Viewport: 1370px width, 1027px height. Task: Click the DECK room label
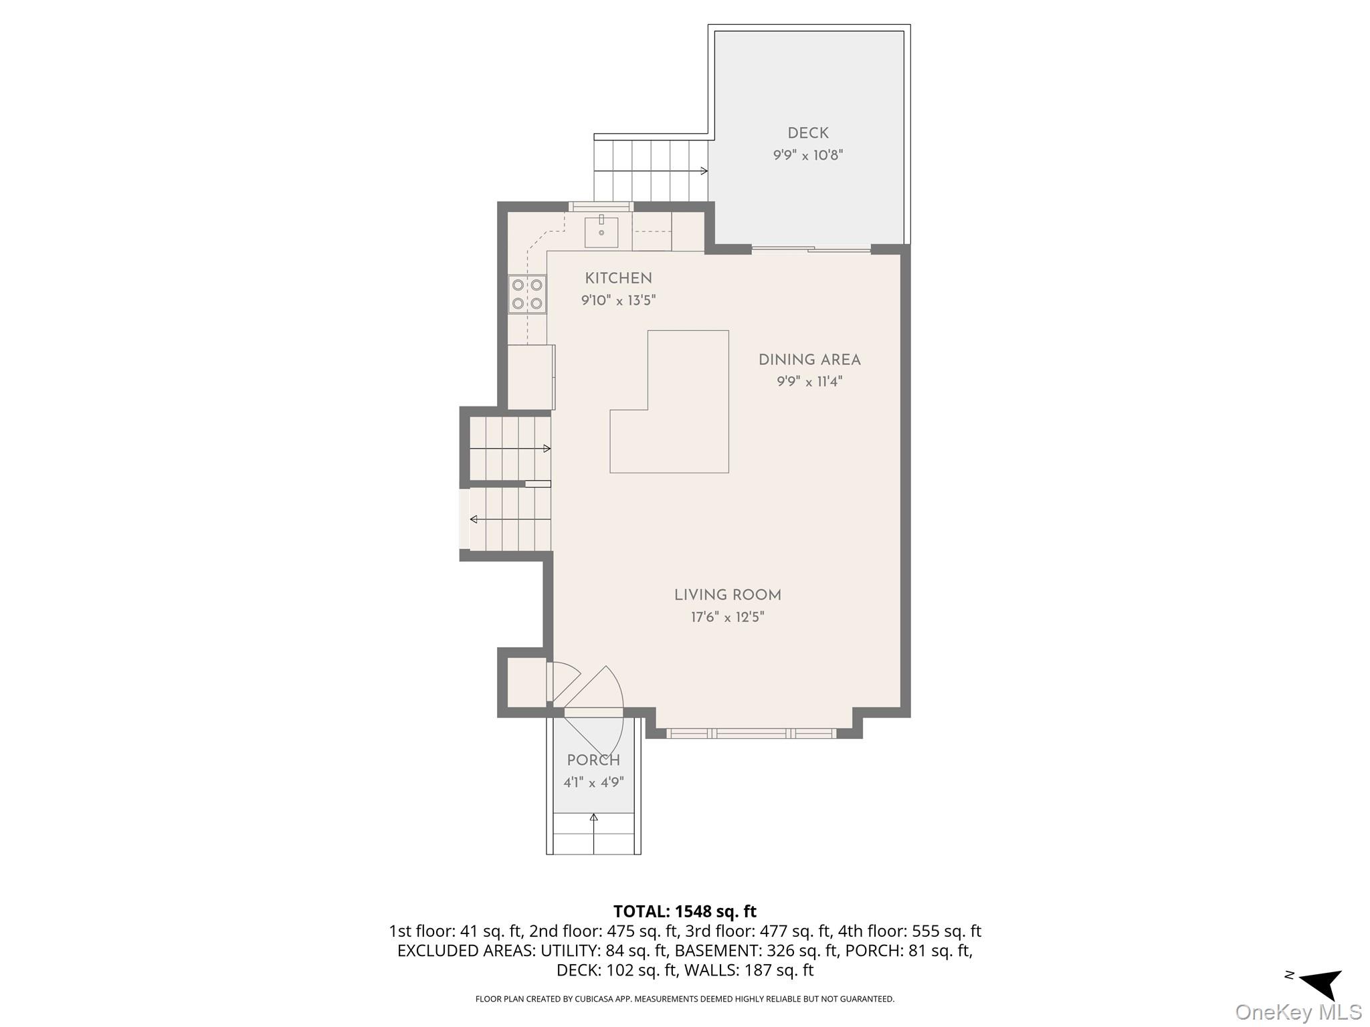808,134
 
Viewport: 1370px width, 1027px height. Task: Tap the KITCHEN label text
618,278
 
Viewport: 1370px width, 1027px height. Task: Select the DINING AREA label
809,360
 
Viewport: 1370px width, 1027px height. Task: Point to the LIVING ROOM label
728,595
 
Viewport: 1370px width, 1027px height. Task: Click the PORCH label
593,760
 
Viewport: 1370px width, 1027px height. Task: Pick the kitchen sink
601,231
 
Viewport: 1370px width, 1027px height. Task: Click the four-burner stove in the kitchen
527,294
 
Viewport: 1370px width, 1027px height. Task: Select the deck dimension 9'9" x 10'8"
808,156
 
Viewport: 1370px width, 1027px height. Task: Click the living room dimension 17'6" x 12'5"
728,616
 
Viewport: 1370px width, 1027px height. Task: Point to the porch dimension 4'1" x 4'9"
593,782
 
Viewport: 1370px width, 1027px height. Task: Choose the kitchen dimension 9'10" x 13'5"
618,300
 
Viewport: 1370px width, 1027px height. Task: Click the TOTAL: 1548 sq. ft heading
685,911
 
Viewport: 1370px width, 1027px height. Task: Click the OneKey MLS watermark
1298,1012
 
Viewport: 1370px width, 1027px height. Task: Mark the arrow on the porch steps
593,833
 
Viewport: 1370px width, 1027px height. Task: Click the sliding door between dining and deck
811,249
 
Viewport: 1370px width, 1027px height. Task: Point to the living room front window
752,733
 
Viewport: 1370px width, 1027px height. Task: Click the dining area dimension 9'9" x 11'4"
809,382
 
